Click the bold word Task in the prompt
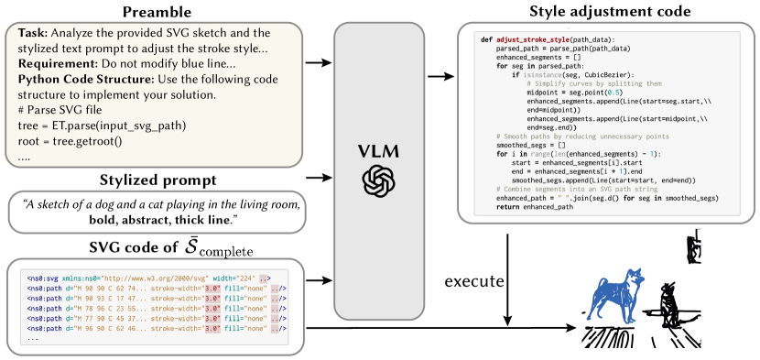tap(33, 33)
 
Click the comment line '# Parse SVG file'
tap(62, 110)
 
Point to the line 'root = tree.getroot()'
tap(70, 141)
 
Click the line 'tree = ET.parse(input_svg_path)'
tap(102, 125)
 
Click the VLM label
tap(378, 150)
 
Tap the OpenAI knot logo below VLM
tap(378, 180)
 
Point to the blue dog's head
tap(635, 275)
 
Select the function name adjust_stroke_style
tap(535, 40)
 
